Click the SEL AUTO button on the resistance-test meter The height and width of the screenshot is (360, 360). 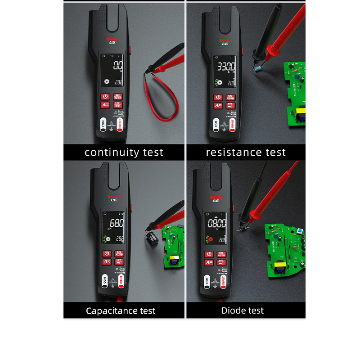230,97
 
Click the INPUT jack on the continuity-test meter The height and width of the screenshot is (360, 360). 120,124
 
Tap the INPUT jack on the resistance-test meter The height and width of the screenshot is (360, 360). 233,124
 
